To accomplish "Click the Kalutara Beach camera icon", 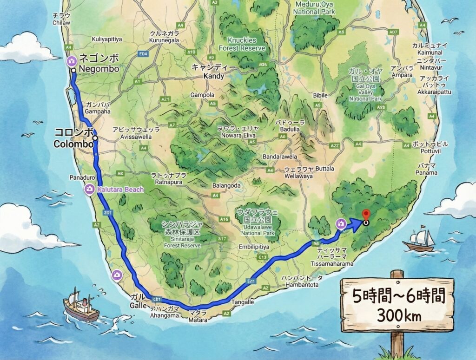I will coord(89,190).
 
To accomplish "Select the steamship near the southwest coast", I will coord(81,305).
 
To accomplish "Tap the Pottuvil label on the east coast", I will coord(423,147).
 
